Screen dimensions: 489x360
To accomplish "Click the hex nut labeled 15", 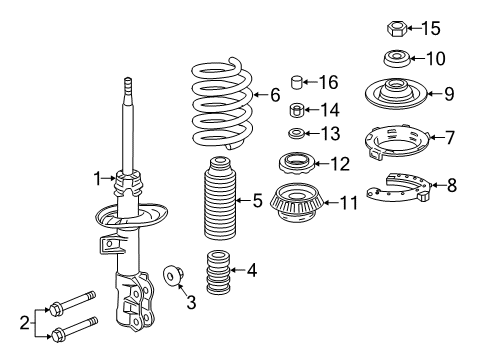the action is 396,28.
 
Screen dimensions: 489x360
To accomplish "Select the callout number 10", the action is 436,58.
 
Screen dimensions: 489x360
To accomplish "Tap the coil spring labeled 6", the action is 222,103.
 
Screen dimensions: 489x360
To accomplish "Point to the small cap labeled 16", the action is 296,82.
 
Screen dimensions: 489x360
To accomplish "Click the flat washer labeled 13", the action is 295,133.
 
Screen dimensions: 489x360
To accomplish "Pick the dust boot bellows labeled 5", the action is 220,198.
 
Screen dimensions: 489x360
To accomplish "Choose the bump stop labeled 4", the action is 218,273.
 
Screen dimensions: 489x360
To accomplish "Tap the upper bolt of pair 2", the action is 72,303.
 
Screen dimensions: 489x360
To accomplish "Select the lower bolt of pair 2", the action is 75,329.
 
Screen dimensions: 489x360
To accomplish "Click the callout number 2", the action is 25,323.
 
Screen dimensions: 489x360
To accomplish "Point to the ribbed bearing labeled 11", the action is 296,202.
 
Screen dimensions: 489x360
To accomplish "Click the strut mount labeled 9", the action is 396,93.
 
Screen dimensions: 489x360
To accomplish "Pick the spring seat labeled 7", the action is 396,142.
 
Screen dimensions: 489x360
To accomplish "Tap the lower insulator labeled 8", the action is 399,188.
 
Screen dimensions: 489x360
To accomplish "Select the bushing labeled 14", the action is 296,110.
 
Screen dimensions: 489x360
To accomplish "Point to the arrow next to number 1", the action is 108,179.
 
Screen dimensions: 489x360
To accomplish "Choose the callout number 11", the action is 349,203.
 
